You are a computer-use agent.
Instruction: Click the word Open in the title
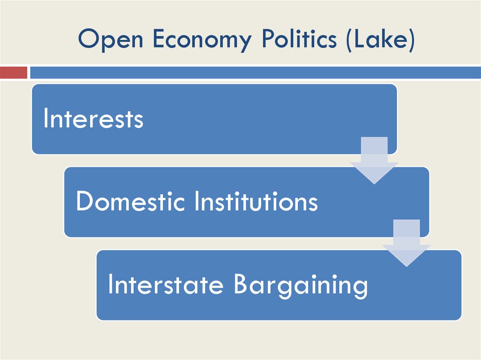point(111,39)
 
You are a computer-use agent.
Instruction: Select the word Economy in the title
point(202,40)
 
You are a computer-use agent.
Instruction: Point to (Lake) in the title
point(380,40)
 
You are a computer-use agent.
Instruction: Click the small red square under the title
point(13,73)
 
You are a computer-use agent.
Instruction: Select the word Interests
point(93,119)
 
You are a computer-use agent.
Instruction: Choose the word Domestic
point(132,202)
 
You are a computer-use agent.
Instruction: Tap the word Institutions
point(256,202)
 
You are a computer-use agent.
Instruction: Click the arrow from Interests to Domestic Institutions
point(374,160)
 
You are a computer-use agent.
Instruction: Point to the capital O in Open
point(88,39)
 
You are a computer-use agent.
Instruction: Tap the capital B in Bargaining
point(241,284)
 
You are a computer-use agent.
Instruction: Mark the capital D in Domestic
point(84,202)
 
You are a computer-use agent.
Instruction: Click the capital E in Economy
point(158,39)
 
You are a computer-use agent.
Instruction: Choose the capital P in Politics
point(268,39)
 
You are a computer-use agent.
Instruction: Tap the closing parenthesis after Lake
point(411,40)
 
